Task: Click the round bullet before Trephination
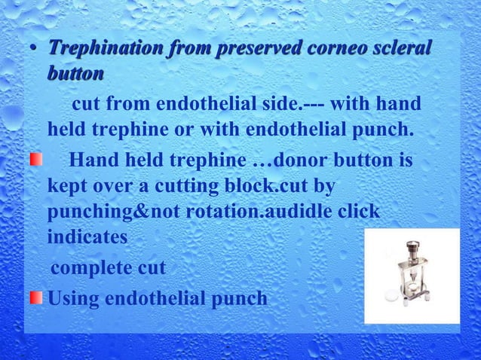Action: pos(34,50)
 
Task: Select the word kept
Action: pos(69,185)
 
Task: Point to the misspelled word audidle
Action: pos(298,212)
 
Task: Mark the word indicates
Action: pos(85,238)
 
